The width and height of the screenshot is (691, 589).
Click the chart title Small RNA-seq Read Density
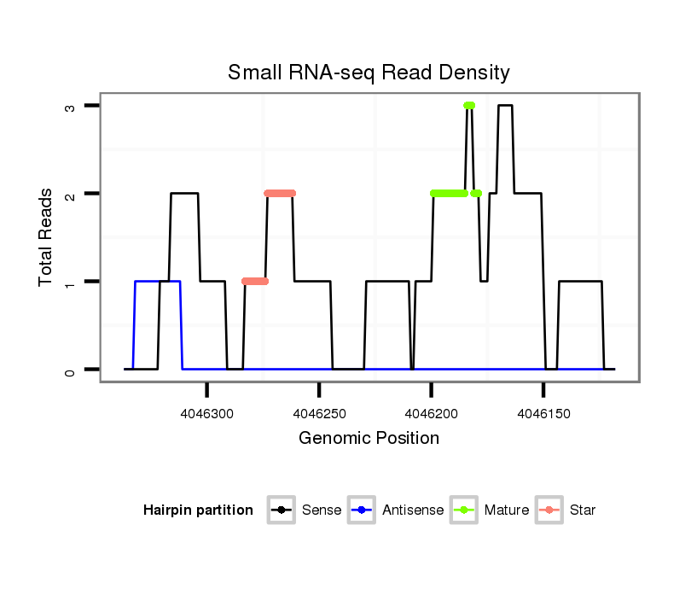pos(369,73)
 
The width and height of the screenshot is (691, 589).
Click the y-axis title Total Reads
pos(46,237)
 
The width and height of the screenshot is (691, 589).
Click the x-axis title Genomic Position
pos(369,439)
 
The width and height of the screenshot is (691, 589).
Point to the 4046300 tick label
pos(207,414)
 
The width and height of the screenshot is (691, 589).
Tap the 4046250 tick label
pos(319,414)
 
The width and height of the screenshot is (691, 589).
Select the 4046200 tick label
pos(432,414)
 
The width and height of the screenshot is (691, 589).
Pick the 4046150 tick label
pos(543,414)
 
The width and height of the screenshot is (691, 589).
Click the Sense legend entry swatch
pos(282,510)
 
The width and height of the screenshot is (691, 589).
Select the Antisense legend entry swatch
pos(362,510)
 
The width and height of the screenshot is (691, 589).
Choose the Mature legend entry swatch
pos(464,510)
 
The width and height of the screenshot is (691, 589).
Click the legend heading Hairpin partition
pos(198,510)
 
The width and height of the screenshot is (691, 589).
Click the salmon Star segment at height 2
pos(280,194)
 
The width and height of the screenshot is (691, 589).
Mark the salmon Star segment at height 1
pos(254,282)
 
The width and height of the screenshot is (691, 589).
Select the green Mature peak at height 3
pos(469,106)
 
